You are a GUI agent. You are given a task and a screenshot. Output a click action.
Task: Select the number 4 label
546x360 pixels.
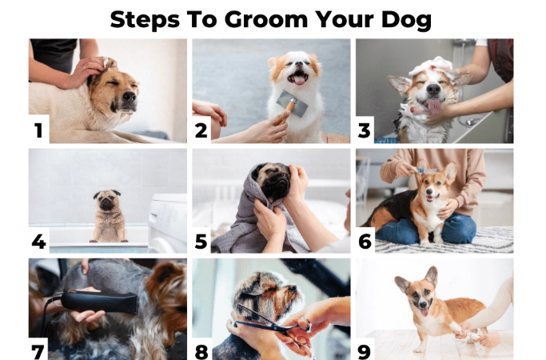pyautogui.click(x=38, y=241)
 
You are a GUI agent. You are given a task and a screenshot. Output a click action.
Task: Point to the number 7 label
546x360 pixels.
pyautogui.click(x=38, y=350)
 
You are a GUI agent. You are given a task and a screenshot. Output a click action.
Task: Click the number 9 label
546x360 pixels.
pyautogui.click(x=365, y=350)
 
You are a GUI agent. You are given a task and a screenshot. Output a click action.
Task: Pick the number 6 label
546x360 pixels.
pyautogui.click(x=365, y=241)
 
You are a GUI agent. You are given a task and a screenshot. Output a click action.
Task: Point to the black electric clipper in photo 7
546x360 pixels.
pyautogui.click(x=85, y=302)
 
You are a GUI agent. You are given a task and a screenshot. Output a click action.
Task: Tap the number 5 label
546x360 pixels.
pyautogui.click(x=202, y=241)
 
